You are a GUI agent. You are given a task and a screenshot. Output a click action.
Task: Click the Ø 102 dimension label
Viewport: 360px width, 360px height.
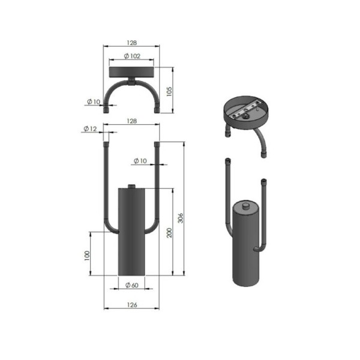click(x=132, y=56)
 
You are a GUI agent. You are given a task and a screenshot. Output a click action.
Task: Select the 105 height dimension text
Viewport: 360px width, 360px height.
click(x=169, y=91)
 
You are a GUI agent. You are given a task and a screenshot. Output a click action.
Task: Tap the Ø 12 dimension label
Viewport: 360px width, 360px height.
click(x=90, y=129)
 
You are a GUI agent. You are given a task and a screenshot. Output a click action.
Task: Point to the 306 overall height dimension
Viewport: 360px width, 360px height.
click(x=181, y=218)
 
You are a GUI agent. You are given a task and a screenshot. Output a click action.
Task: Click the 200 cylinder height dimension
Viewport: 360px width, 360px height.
click(x=169, y=233)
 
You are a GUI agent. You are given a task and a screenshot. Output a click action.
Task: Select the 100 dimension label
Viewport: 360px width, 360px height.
click(x=87, y=256)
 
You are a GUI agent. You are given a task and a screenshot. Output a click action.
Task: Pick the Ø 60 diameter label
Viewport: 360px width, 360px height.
click(x=132, y=285)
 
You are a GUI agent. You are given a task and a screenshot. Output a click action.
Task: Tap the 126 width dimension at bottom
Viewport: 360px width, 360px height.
click(x=132, y=305)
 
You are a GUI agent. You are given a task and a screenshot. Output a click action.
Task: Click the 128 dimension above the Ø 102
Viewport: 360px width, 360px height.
click(x=132, y=43)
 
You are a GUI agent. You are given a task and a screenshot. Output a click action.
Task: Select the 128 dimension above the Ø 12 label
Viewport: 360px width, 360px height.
click(x=132, y=121)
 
